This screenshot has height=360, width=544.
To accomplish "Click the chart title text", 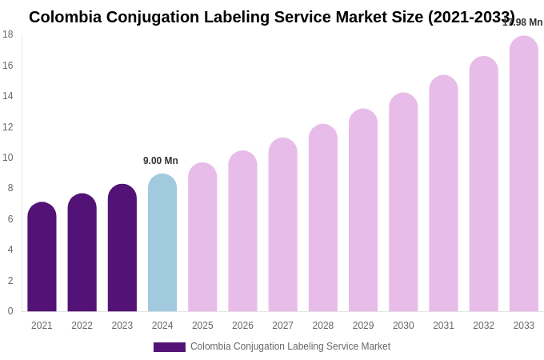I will [x=272, y=17].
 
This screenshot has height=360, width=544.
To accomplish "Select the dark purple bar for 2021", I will [x=42, y=257].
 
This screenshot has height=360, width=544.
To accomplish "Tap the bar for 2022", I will [x=82, y=253].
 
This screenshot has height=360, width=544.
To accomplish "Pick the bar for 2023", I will [x=122, y=248].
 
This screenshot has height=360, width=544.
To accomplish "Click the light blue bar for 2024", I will [x=162, y=242].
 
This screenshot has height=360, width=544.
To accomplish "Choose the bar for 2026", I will [x=242, y=231].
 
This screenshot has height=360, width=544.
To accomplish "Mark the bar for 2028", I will [x=323, y=218].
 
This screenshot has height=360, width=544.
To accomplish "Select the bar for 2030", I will [x=403, y=202].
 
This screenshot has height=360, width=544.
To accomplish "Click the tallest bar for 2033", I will [x=524, y=174].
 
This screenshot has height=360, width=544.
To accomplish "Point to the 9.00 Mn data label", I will [x=161, y=161].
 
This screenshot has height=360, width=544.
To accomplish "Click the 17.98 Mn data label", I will [x=522, y=22].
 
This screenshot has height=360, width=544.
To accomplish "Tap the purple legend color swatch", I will [x=170, y=347].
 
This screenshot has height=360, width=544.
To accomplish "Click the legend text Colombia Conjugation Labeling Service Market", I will [x=290, y=346].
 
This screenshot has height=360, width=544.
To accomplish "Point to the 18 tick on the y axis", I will [x=8, y=34].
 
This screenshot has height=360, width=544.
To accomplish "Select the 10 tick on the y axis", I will [x=8, y=158].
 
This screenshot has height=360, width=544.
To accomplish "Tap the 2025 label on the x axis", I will [x=202, y=326].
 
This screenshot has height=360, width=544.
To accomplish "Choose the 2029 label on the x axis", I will [x=363, y=326].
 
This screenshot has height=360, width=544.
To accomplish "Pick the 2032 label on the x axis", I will [x=483, y=326].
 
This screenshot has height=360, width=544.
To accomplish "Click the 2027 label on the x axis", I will [x=282, y=326].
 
